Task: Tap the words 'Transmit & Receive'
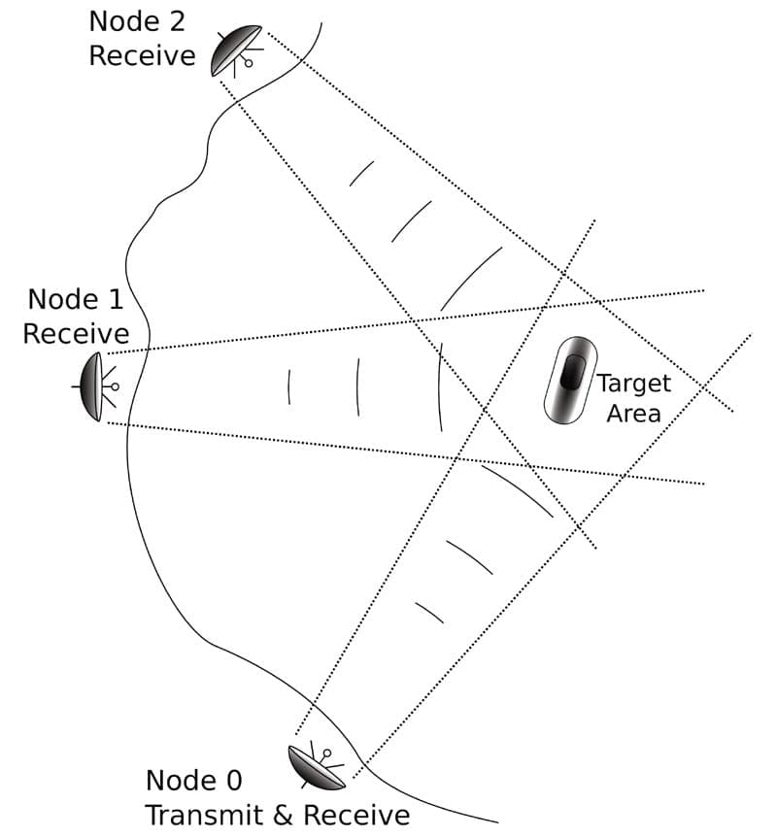(276, 814)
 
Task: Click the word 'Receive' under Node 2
(142, 55)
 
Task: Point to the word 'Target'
(633, 383)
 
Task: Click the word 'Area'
(633, 413)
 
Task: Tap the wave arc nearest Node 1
(289, 386)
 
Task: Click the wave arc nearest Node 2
(361, 173)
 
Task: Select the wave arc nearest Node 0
(428, 613)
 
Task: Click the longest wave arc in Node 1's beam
(439, 386)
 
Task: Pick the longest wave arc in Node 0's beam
(517, 490)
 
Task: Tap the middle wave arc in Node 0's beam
(469, 556)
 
